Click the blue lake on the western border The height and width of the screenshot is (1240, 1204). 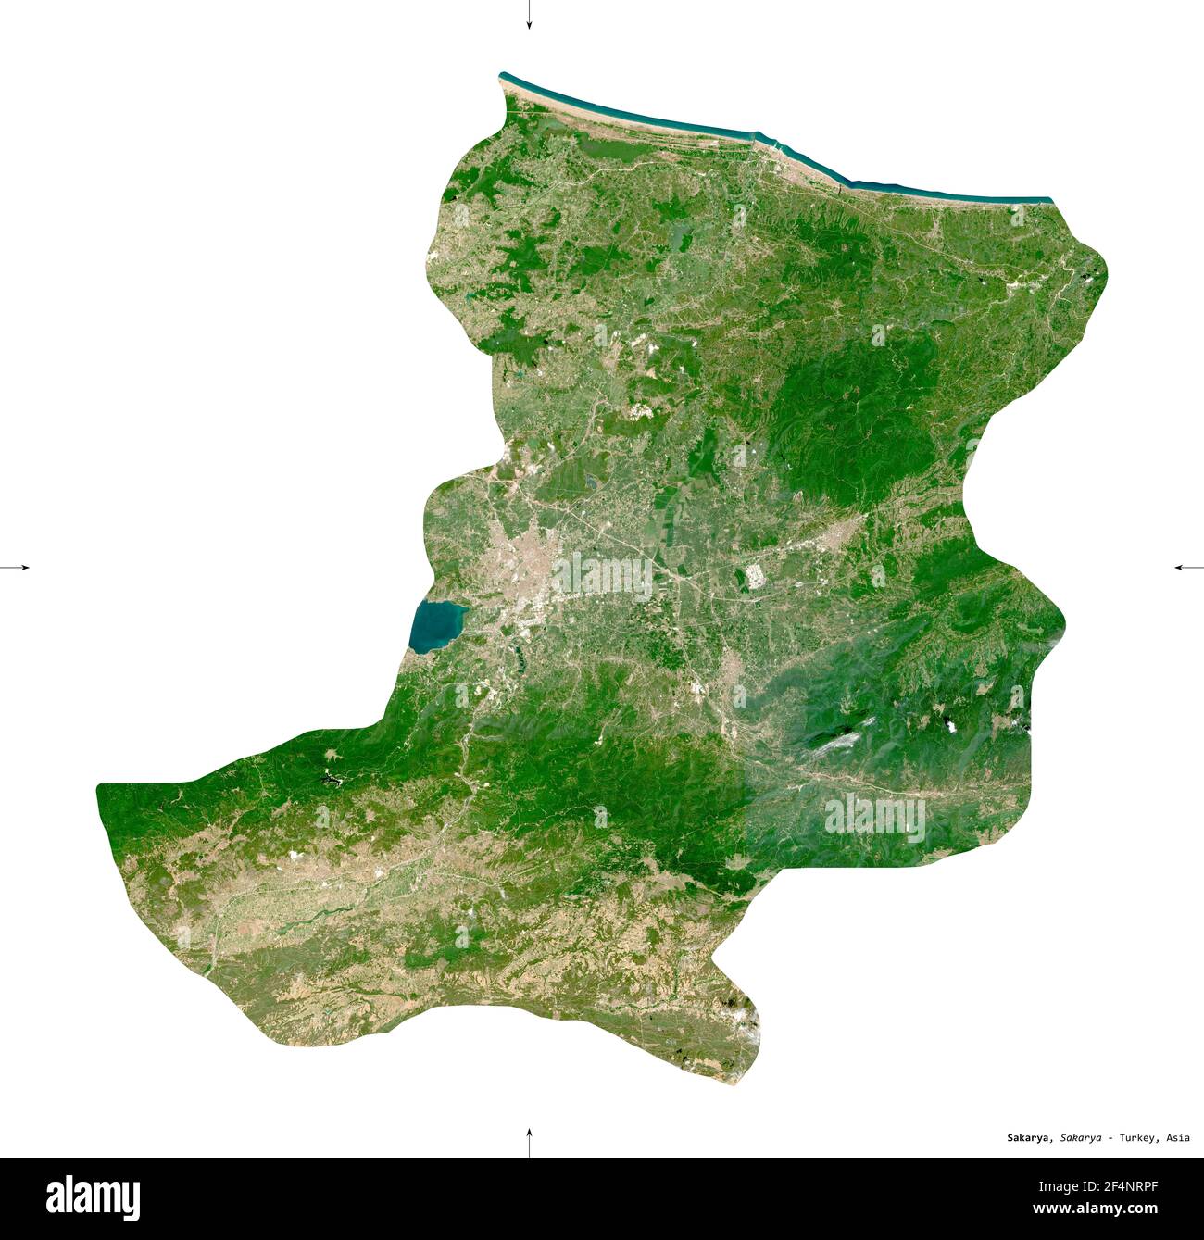435,625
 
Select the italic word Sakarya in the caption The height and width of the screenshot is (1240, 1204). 1081,1138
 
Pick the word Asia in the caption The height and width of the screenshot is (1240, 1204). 1178,1138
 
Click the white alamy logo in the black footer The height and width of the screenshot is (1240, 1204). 94,1198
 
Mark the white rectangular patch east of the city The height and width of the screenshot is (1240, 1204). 755,577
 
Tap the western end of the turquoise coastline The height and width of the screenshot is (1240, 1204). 502,75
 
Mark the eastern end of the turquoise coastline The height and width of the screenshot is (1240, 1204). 1049,200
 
